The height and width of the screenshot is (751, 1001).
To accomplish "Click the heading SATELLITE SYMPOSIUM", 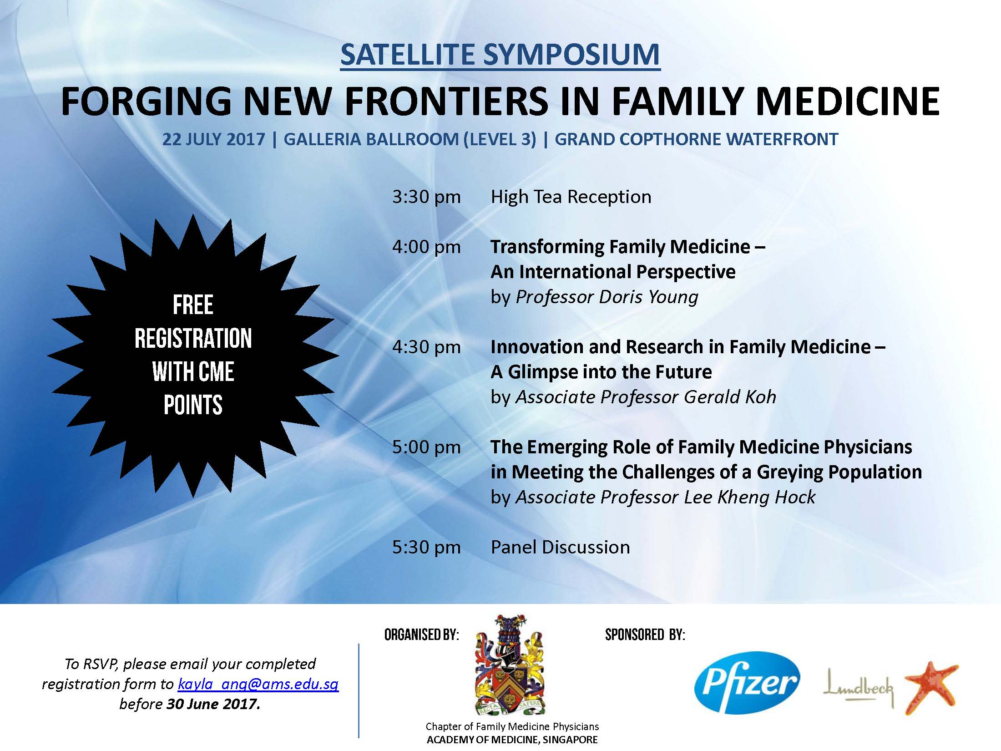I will click(500, 55).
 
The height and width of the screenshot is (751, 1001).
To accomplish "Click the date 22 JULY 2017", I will click(213, 139).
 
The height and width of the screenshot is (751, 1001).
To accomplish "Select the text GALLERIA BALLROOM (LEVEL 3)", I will click(410, 139).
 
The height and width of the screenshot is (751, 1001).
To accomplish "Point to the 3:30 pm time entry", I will click(426, 197).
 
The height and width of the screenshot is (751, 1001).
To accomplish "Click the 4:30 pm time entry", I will click(426, 347).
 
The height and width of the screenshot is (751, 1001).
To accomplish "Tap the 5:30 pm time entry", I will click(426, 548).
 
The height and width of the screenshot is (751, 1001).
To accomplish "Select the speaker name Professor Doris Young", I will click(607, 297).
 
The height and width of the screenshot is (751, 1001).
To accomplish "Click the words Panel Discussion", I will click(560, 548).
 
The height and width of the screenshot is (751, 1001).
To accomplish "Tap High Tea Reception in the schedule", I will click(571, 197).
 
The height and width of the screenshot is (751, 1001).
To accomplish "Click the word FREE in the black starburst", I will click(193, 305).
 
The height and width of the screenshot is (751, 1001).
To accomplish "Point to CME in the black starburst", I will click(216, 372).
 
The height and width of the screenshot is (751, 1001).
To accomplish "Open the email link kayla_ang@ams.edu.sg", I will click(258, 684).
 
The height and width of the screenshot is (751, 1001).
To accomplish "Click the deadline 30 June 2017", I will click(213, 704).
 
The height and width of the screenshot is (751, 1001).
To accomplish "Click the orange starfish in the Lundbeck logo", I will click(930, 687).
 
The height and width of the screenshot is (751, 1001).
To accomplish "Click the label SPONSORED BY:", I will click(645, 634).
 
